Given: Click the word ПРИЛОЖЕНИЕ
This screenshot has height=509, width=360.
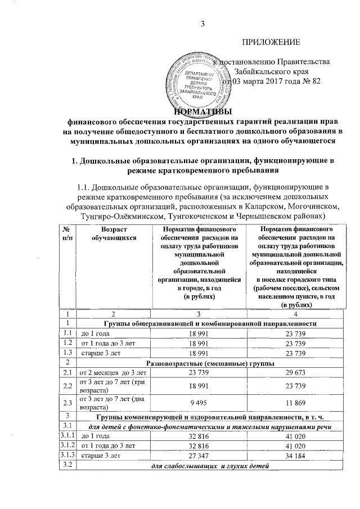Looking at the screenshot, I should pyautogui.click(x=272, y=42).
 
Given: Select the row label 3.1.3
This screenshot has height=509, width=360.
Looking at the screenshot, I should pyautogui.click(x=67, y=456).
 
